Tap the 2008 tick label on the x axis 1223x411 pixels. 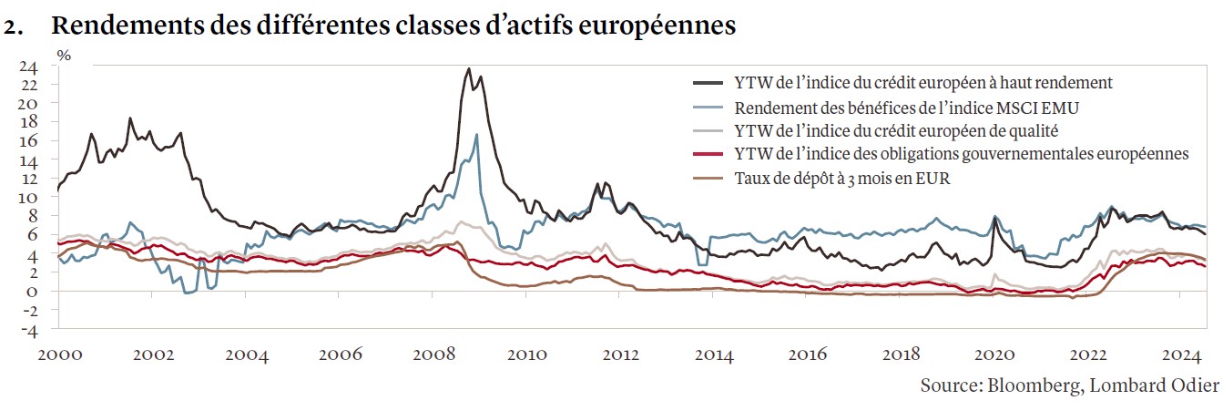click(x=433, y=355)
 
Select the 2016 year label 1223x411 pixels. click(x=808, y=355)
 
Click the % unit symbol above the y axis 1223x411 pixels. click(x=64, y=54)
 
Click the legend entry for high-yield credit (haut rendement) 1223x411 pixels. click(x=922, y=83)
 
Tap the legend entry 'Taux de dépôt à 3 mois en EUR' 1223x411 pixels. click(x=841, y=179)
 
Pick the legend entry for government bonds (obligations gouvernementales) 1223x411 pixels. click(x=961, y=155)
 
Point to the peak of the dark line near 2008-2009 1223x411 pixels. click(x=468, y=68)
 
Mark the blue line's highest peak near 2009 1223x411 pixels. click(x=476, y=135)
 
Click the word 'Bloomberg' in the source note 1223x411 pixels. click(x=1032, y=385)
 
